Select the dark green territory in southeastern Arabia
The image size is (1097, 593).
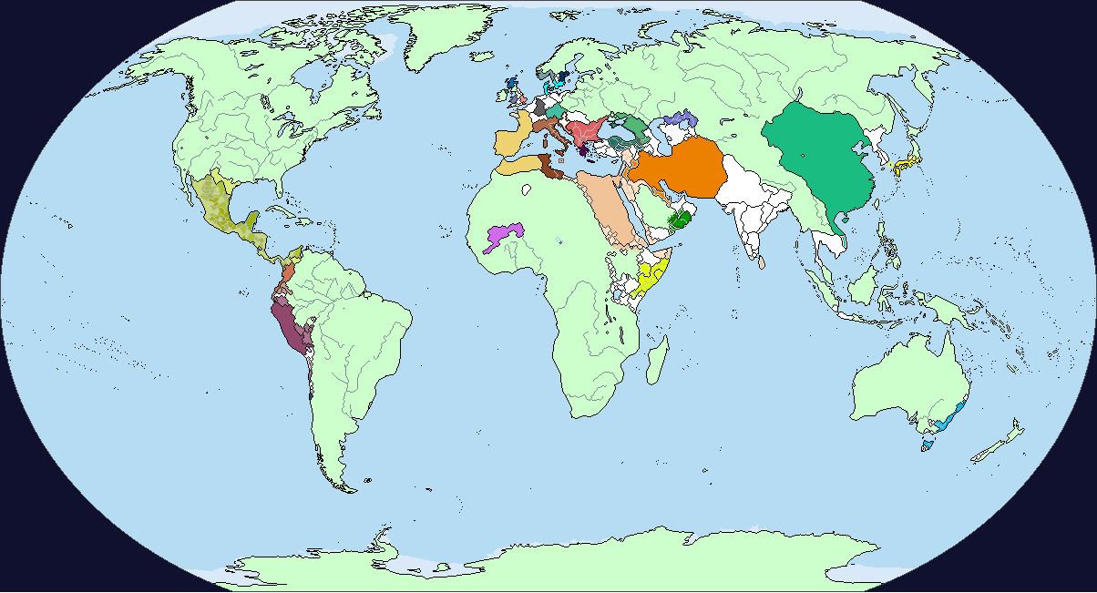pos(680,220)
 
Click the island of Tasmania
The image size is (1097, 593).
pos(928,445)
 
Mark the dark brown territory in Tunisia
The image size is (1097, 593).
pos(548,164)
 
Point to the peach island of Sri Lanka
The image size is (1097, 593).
pos(761,261)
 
